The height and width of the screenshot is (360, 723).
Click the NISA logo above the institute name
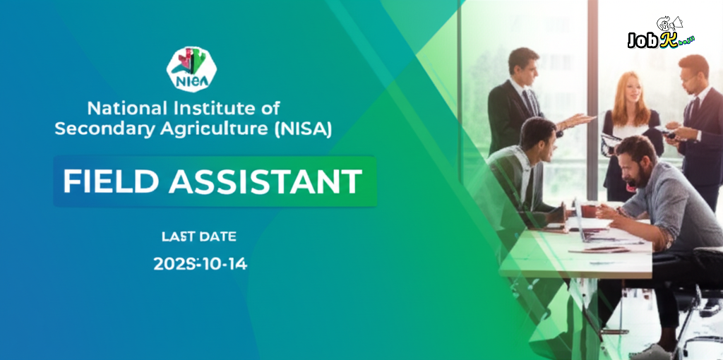point(191,69)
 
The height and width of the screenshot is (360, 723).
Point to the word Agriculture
point(212,129)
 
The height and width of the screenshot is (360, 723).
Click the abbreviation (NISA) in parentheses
point(301,128)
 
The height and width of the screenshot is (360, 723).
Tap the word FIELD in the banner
point(109,181)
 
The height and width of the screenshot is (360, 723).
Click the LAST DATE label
point(198,236)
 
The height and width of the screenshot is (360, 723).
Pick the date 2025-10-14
point(201,265)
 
